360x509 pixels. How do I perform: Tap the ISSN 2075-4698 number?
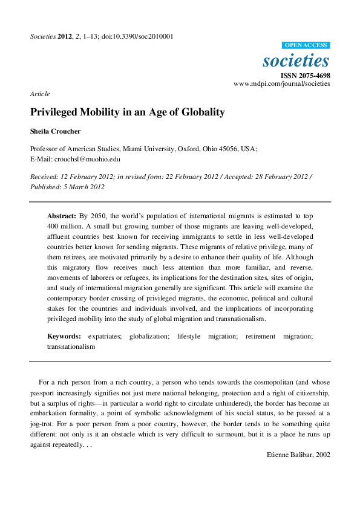(308, 76)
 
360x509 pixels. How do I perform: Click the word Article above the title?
(39, 94)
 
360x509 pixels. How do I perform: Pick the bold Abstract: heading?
(62, 216)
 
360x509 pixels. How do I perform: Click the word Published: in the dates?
(45, 187)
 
